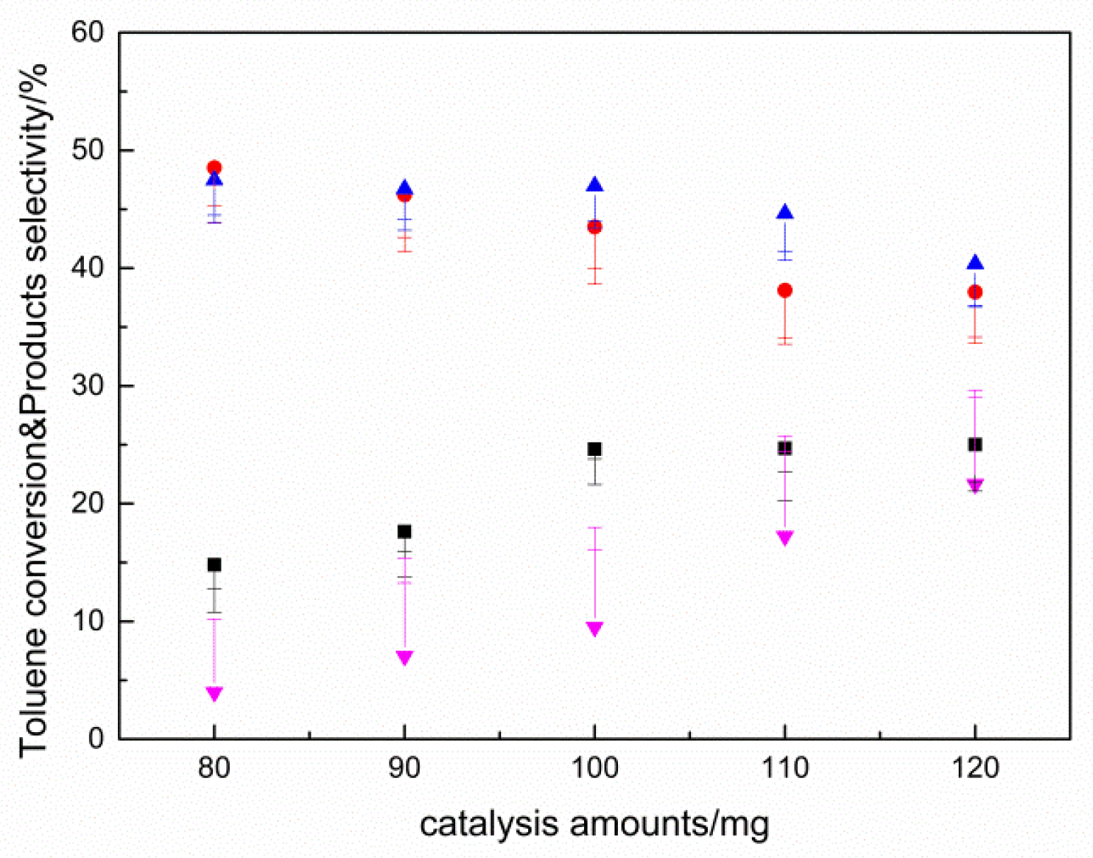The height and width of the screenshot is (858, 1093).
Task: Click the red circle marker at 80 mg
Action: pyautogui.click(x=214, y=168)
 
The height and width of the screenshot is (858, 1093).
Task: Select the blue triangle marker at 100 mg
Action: pyautogui.click(x=594, y=185)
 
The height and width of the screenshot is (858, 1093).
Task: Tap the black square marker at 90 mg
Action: pyautogui.click(x=404, y=532)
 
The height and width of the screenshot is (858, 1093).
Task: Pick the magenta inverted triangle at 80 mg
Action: pyautogui.click(x=214, y=693)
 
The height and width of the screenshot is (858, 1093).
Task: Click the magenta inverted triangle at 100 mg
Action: pyautogui.click(x=594, y=628)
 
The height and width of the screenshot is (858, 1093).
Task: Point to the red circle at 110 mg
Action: pyautogui.click(x=785, y=291)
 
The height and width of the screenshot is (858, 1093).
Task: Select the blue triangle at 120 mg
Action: pyautogui.click(x=975, y=263)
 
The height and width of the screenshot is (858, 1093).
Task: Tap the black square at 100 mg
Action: pyautogui.click(x=594, y=449)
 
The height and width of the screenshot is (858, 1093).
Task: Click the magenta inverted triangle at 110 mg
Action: pyautogui.click(x=785, y=538)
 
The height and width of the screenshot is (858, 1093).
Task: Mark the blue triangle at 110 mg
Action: pyautogui.click(x=785, y=213)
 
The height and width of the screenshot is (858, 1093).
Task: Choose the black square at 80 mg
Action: pyautogui.click(x=214, y=565)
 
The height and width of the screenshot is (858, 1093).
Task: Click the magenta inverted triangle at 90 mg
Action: pyautogui.click(x=404, y=657)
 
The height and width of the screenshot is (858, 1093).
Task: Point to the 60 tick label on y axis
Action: pyautogui.click(x=88, y=32)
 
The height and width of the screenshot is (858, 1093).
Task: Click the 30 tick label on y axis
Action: pyautogui.click(x=88, y=386)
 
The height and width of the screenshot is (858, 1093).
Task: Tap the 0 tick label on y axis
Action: pyautogui.click(x=96, y=739)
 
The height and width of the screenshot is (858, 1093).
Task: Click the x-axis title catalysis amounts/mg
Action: pyautogui.click(x=594, y=824)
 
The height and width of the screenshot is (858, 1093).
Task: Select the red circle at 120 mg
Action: pyautogui.click(x=975, y=292)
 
